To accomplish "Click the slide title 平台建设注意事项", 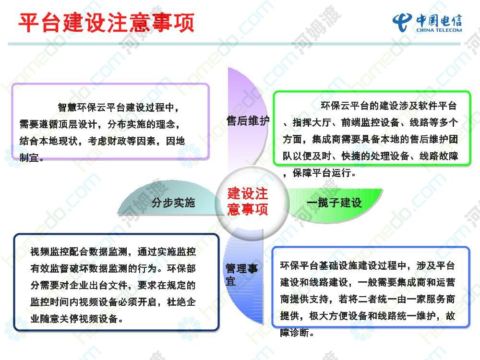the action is tap(106, 23).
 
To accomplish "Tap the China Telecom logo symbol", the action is tap(402, 22).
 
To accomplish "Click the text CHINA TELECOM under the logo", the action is tap(439, 30).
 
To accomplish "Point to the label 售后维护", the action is tap(248, 120).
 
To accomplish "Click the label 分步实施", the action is tap(173, 203).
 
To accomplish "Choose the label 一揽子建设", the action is tap(334, 203).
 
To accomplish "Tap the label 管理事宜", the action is tap(241, 275).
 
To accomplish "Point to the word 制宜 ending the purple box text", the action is tap(29, 158).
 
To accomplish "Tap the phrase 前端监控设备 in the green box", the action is tap(370, 122).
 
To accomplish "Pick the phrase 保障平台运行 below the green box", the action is tap(322, 173).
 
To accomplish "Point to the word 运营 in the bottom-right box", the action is tap(445, 282).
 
